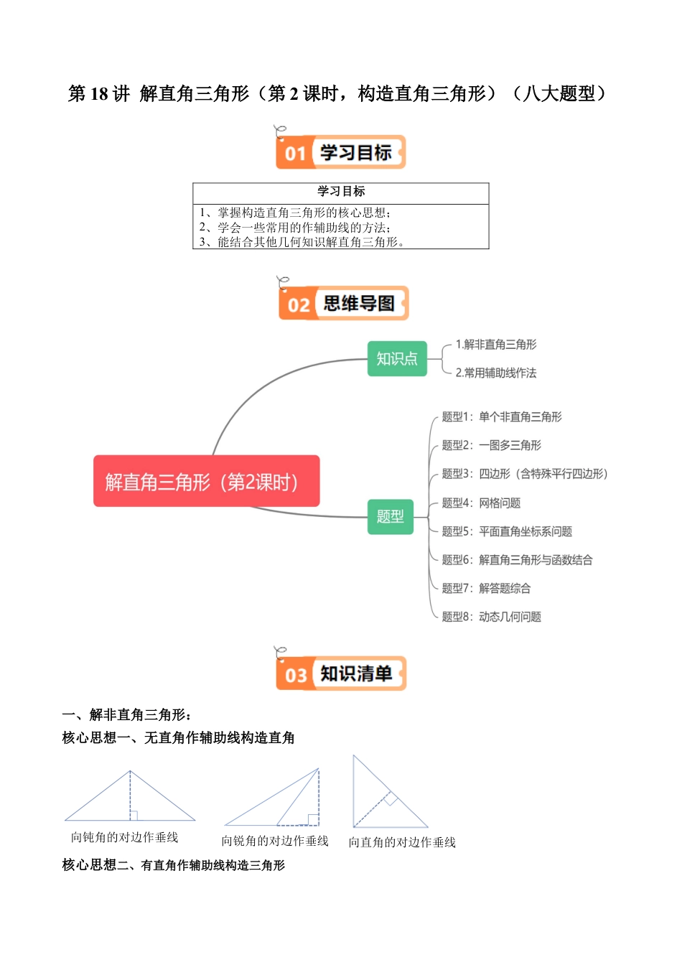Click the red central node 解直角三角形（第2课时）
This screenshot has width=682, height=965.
(x=206, y=481)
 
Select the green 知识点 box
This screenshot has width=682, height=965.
(x=397, y=358)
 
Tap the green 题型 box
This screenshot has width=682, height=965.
(x=390, y=516)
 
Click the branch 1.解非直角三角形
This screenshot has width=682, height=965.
(x=495, y=345)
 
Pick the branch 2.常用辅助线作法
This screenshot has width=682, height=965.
(x=495, y=373)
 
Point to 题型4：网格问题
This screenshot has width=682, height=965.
(x=481, y=503)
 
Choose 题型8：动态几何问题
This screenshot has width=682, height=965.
(x=491, y=616)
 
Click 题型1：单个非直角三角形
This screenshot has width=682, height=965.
(x=501, y=416)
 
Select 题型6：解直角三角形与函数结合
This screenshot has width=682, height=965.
(x=517, y=559)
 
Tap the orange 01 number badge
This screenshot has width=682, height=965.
(x=295, y=154)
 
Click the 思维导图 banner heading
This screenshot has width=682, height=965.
(x=358, y=304)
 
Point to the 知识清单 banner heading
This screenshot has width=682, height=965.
(x=356, y=673)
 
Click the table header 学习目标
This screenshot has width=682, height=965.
(x=341, y=191)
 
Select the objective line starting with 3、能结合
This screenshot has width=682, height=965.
(x=302, y=243)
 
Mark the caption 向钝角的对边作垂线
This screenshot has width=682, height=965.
(x=124, y=837)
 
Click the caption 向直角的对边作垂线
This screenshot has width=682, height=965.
(x=402, y=842)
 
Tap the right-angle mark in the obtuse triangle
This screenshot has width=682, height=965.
(x=134, y=815)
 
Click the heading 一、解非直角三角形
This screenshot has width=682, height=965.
(x=126, y=714)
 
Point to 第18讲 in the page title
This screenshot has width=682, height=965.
(x=98, y=94)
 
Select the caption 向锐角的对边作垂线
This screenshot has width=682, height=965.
(x=275, y=841)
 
